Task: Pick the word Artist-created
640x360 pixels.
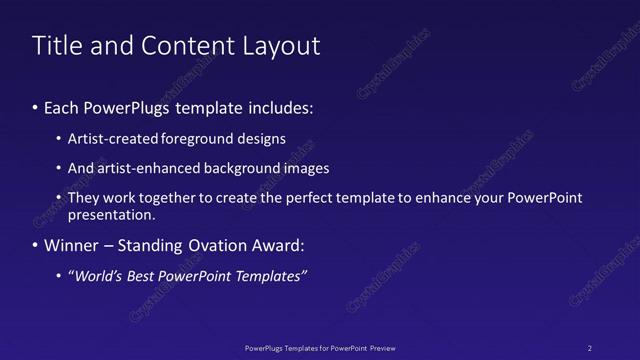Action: click(x=104, y=139)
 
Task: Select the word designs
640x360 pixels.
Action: click(x=263, y=139)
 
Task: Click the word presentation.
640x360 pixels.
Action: click(x=112, y=214)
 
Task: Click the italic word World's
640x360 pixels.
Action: click(x=97, y=276)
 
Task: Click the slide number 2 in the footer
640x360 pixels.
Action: click(x=589, y=347)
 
